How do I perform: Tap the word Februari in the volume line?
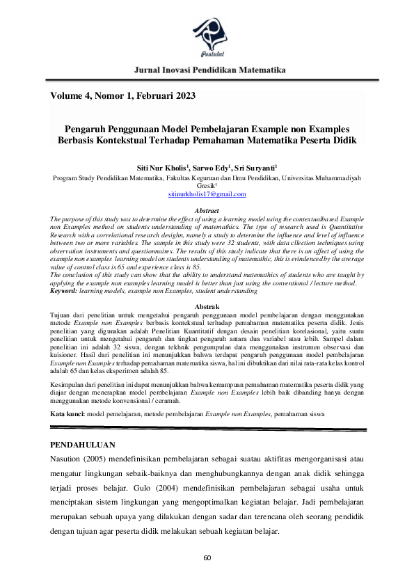tap(149, 95)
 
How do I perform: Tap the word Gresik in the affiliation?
tap(205, 187)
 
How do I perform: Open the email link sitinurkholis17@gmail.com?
tap(207, 196)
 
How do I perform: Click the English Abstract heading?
tap(207, 211)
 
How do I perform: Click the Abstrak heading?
tap(207, 307)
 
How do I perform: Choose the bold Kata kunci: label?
tap(67, 414)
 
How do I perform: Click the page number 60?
tap(207, 559)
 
